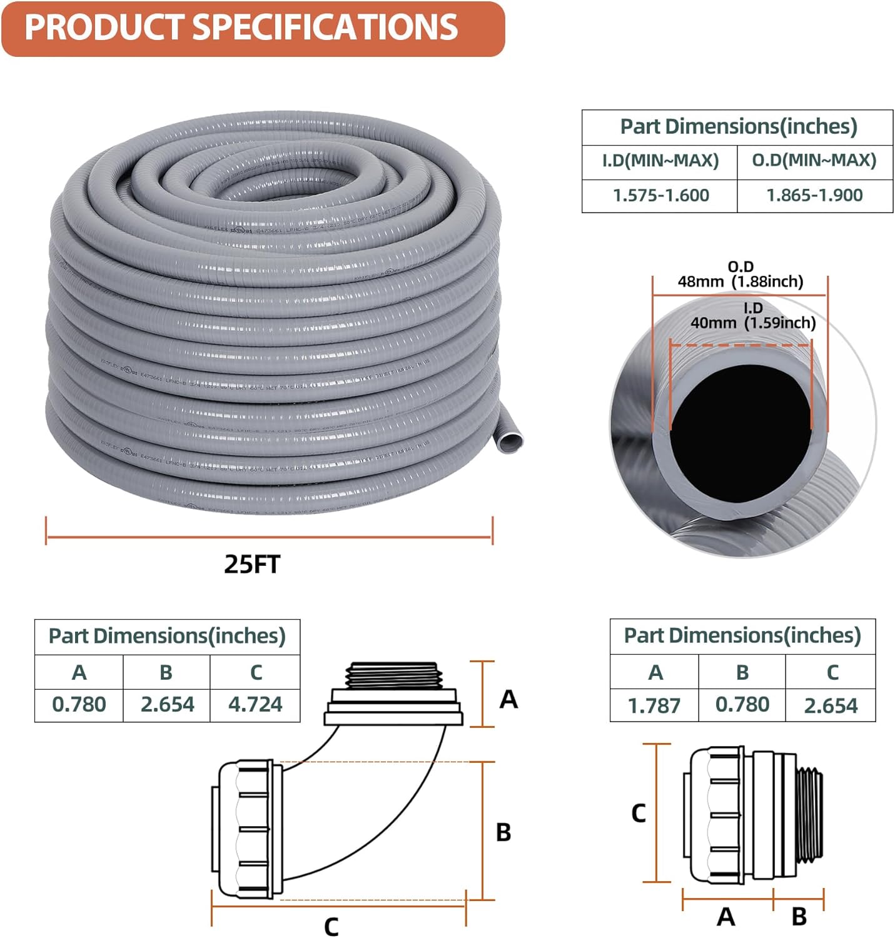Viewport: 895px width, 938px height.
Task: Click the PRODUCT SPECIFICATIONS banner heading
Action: coord(241,28)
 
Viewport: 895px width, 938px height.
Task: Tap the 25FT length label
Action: coord(252,564)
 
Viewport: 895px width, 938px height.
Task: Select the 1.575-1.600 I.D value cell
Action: coord(660,196)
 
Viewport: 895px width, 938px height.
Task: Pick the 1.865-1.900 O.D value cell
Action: coord(814,196)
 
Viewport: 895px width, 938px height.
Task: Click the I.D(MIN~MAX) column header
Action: coord(660,161)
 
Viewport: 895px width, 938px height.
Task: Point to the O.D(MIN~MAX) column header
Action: coord(814,161)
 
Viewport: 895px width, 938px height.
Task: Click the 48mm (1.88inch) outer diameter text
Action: coord(741,281)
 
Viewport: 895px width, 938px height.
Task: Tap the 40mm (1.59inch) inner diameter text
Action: coord(753,323)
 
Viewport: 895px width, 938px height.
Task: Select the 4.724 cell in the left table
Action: coord(255,705)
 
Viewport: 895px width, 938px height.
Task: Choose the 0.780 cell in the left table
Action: coord(79,705)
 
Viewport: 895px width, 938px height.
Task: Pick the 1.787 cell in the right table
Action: coord(654,706)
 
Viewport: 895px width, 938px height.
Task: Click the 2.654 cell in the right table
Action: coord(831,706)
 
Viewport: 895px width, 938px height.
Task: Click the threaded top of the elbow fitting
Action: coord(395,675)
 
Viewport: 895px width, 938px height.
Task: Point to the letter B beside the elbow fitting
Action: coord(503,833)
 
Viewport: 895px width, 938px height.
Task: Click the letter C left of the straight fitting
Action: coord(638,813)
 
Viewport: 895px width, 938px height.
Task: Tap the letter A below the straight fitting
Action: coord(726,917)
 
